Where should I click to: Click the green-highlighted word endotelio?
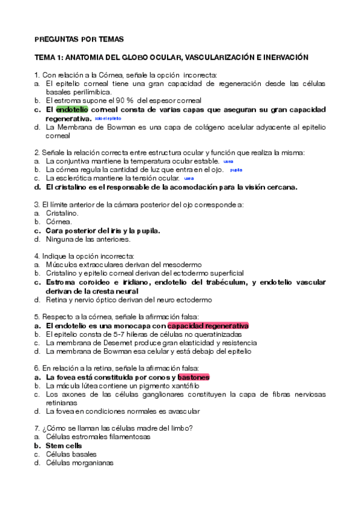[x=72, y=110]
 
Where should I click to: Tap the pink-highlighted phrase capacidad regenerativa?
[x=208, y=325]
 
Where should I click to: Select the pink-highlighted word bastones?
[x=194, y=377]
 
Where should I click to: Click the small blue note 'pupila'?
[x=236, y=170]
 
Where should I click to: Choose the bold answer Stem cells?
[x=64, y=446]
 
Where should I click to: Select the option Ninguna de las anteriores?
[x=88, y=239]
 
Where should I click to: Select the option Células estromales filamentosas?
[x=97, y=437]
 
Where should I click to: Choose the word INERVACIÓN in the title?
[x=281, y=58]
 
